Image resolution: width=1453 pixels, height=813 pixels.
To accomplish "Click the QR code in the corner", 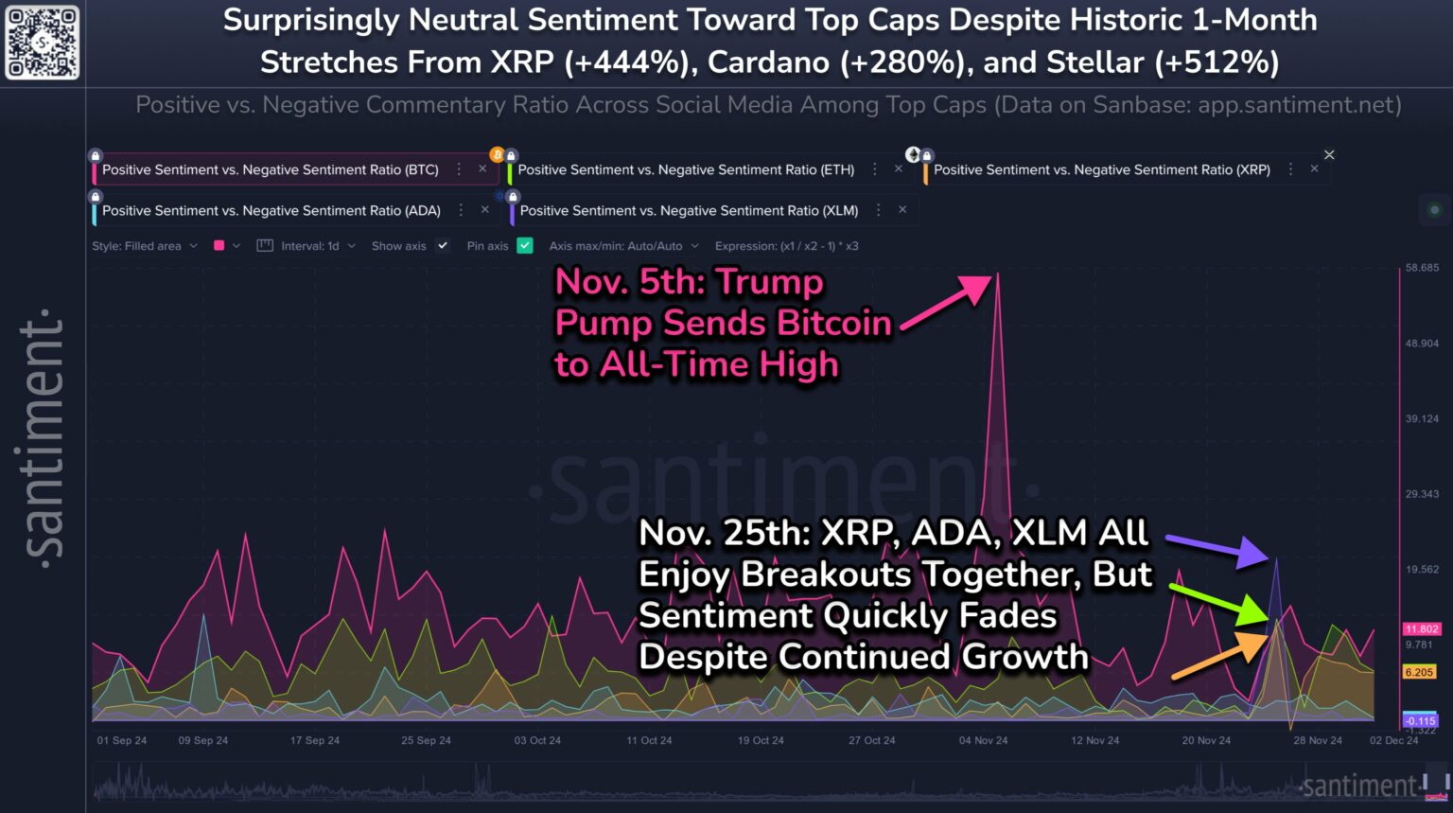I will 42,43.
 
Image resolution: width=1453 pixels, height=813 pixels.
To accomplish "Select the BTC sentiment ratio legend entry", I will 270,169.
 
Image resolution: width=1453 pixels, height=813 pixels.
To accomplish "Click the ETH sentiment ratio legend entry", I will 685,169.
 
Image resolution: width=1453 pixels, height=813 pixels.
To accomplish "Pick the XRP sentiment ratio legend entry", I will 1101,169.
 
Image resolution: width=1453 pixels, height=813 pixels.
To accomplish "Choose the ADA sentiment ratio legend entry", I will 271,210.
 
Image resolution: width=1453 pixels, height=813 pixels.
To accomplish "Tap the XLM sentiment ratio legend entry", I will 689,210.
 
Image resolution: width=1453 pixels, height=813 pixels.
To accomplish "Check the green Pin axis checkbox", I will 525,246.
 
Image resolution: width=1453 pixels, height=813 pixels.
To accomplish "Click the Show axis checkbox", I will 442,246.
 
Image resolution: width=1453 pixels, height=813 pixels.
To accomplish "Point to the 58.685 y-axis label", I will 1422,268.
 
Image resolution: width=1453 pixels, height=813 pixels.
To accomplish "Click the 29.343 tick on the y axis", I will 1422,494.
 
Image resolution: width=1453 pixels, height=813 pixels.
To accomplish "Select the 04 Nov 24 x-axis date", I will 983,740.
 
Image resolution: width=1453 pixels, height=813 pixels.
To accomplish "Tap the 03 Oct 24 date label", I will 537,740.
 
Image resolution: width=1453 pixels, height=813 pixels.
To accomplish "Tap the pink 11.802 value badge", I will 1421,629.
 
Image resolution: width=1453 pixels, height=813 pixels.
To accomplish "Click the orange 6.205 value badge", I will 1419,672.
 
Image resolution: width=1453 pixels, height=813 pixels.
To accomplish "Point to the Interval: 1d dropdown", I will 308,246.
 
